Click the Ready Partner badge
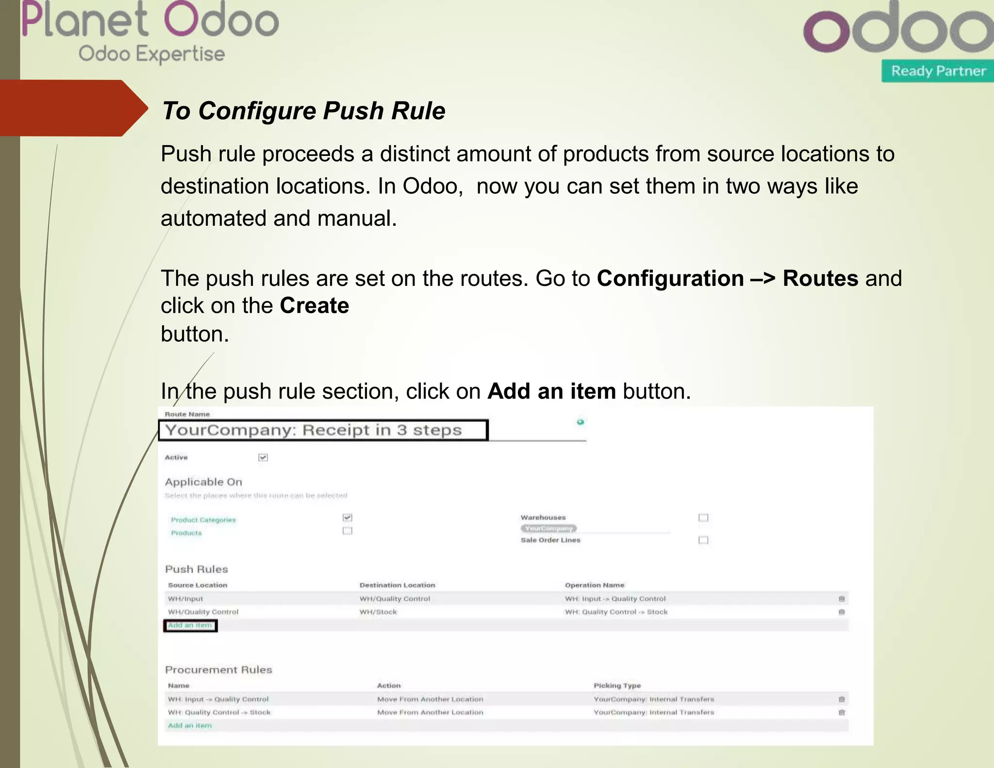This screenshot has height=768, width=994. (938, 71)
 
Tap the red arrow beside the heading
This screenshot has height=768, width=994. (73, 108)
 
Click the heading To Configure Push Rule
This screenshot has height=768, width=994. (304, 111)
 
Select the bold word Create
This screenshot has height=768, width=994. (315, 306)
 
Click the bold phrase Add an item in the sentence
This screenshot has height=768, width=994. (551, 391)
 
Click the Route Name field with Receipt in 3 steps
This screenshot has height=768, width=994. (323, 430)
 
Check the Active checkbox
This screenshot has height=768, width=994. (263, 457)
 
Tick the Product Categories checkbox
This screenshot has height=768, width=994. (348, 518)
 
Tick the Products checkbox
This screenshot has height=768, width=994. (348, 531)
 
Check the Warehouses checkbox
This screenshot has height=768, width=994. (703, 518)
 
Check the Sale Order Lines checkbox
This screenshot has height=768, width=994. (703, 540)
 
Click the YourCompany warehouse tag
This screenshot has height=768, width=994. (549, 528)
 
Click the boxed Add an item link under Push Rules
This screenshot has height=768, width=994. (190, 625)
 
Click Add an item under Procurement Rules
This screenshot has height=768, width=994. (190, 725)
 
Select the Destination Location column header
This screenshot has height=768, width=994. (397, 585)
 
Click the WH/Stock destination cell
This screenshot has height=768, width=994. (378, 612)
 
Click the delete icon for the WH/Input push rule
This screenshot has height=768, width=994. (842, 599)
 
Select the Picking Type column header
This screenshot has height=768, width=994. (617, 685)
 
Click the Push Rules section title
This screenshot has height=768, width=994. (197, 569)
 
